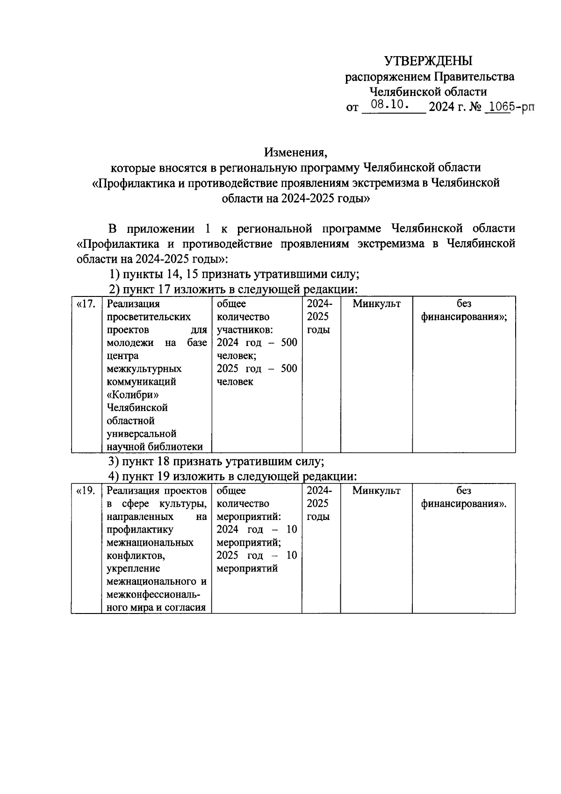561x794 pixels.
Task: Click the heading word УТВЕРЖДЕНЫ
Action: pos(428,61)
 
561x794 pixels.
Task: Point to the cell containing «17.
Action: pos(86,304)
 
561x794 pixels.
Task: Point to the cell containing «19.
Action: pos(86,491)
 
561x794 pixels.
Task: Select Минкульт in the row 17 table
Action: pos(376,304)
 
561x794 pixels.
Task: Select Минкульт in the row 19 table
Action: pos(376,491)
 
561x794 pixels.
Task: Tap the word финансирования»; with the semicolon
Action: pos(464,317)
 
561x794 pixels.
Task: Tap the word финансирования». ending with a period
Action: pos(464,504)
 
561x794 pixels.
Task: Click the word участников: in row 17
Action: pos(245,330)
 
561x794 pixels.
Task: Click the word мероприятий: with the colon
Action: pos(249,517)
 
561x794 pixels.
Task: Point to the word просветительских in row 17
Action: pos(149,317)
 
